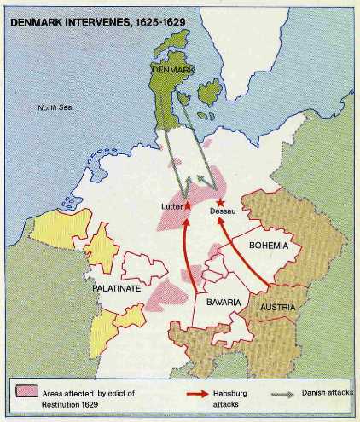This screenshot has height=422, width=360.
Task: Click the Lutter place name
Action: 171,206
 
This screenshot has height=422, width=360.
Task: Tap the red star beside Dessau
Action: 220,201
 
